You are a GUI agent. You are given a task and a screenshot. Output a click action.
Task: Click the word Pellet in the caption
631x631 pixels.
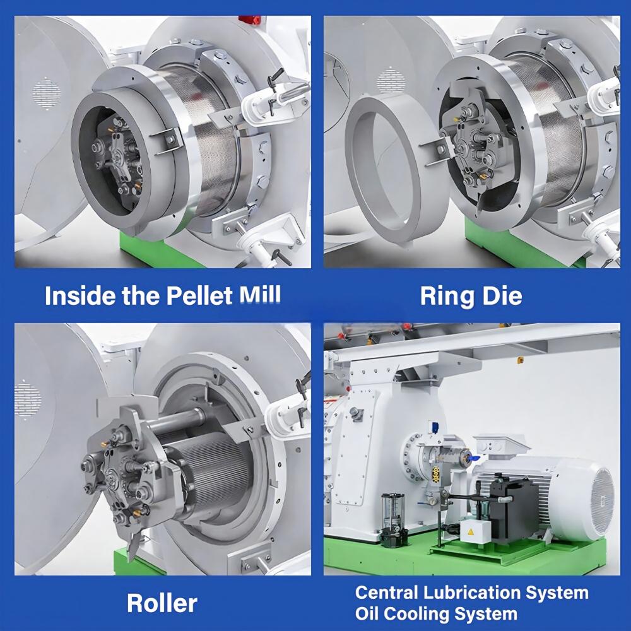199,295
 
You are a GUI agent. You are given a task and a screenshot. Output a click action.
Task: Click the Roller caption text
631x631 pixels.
162,603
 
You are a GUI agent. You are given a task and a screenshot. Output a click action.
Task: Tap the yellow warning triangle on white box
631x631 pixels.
471,532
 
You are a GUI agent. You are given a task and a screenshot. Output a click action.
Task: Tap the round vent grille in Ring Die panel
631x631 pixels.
390,81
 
